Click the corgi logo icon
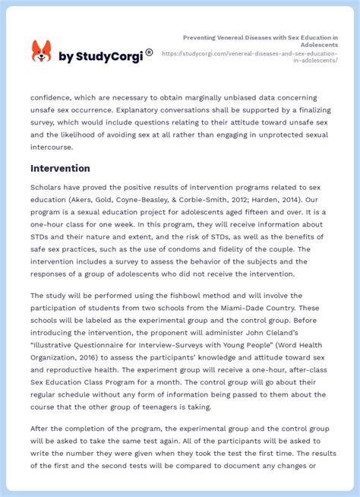(41, 51)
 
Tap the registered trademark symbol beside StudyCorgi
(149, 52)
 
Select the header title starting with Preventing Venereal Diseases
(260, 40)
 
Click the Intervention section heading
(60, 168)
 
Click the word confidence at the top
(55, 97)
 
